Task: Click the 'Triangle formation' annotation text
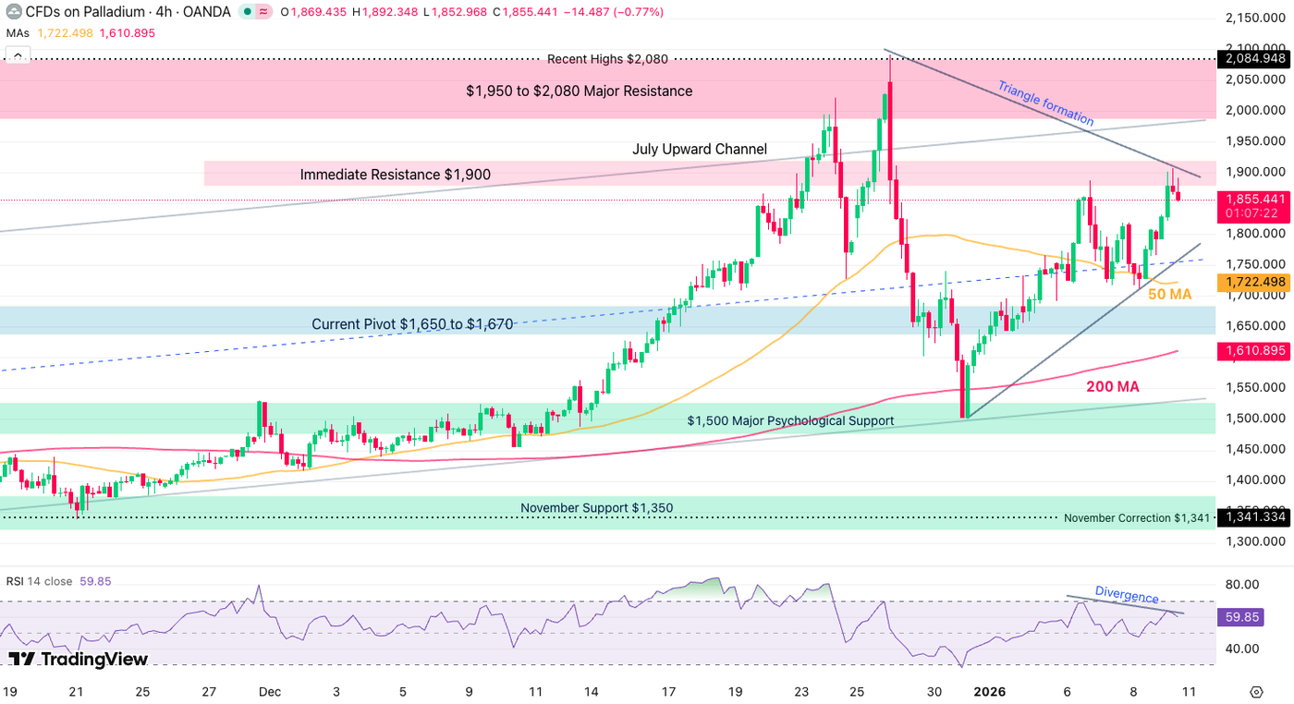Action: click(1045, 103)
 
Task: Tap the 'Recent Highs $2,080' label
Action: click(607, 59)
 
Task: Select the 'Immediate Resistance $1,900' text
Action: click(395, 175)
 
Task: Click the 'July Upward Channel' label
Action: click(700, 149)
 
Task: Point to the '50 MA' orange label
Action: click(1169, 294)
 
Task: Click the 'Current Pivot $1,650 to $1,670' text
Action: click(412, 324)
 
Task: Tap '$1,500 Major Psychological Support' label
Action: click(790, 420)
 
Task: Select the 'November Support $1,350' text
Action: click(596, 508)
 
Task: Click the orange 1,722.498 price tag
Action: click(1252, 282)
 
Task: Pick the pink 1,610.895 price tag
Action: click(1252, 351)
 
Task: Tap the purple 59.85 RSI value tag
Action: click(1241, 616)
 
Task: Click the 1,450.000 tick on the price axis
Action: click(1253, 449)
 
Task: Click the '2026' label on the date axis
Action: click(989, 691)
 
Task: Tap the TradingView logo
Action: click(79, 659)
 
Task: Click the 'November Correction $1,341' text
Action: click(1136, 518)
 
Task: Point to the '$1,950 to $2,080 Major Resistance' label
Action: click(579, 91)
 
